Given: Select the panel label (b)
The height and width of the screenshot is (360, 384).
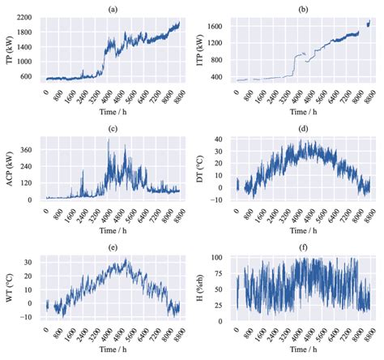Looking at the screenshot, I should coord(306,7).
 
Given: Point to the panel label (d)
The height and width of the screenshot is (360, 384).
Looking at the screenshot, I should coord(306,127).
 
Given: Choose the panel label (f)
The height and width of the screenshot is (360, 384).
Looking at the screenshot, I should coord(306,247).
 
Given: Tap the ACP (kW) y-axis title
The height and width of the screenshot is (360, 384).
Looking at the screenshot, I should coord(7,169).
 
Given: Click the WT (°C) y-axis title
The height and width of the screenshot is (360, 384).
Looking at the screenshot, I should coord(7,289).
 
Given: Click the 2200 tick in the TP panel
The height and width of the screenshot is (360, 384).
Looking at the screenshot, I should coord(25,17).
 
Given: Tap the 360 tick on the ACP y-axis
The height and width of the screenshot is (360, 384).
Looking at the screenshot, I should coord(29,150).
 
